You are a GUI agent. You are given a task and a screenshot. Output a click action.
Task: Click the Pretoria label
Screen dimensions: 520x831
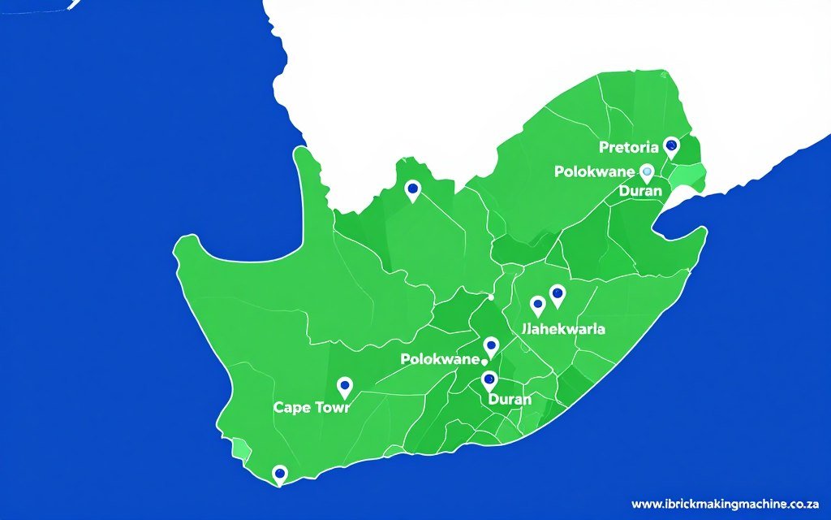(628, 147)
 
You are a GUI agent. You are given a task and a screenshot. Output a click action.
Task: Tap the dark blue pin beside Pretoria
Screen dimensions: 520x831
(670, 146)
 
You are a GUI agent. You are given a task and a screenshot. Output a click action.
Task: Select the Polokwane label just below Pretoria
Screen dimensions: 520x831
(595, 171)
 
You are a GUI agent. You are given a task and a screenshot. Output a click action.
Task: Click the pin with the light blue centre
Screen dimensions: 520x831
(647, 171)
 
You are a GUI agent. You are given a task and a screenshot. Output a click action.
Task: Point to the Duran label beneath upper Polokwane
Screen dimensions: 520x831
(641, 191)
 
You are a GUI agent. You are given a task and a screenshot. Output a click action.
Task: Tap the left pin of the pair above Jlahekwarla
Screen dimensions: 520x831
(537, 305)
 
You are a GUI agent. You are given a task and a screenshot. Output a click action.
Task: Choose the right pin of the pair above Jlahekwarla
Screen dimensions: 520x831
(558, 294)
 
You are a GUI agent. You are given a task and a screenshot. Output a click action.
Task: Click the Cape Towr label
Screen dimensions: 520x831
(312, 407)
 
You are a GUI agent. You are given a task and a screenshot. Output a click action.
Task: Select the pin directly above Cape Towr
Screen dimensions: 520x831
(344, 386)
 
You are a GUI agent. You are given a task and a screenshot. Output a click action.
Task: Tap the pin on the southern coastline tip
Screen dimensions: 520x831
(280, 473)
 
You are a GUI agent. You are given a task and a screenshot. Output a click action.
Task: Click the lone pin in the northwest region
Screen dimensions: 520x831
(412, 189)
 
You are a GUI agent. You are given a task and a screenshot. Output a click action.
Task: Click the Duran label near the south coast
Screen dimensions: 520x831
(510, 399)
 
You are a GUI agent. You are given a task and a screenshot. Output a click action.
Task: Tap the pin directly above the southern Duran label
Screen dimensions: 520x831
(489, 379)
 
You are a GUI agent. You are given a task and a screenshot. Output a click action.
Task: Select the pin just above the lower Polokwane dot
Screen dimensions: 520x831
(491, 346)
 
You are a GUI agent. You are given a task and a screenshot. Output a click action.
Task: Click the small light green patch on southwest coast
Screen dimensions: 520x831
(240, 448)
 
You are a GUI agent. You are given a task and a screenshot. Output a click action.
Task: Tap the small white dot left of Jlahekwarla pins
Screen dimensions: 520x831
(491, 297)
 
